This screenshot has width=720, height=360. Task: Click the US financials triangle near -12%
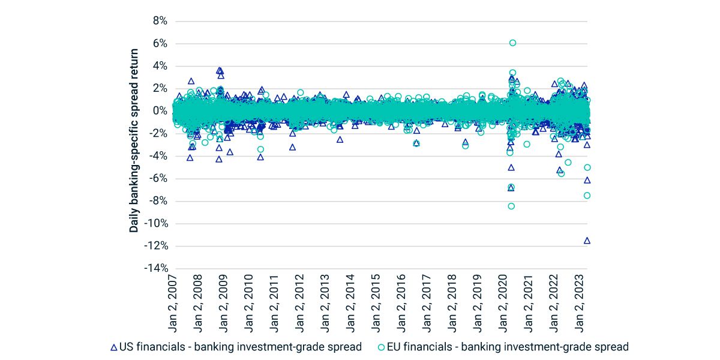click(587, 241)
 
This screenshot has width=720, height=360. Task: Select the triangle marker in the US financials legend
click(114, 347)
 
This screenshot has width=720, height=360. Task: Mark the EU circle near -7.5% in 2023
click(587, 195)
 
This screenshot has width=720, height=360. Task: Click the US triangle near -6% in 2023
click(587, 180)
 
